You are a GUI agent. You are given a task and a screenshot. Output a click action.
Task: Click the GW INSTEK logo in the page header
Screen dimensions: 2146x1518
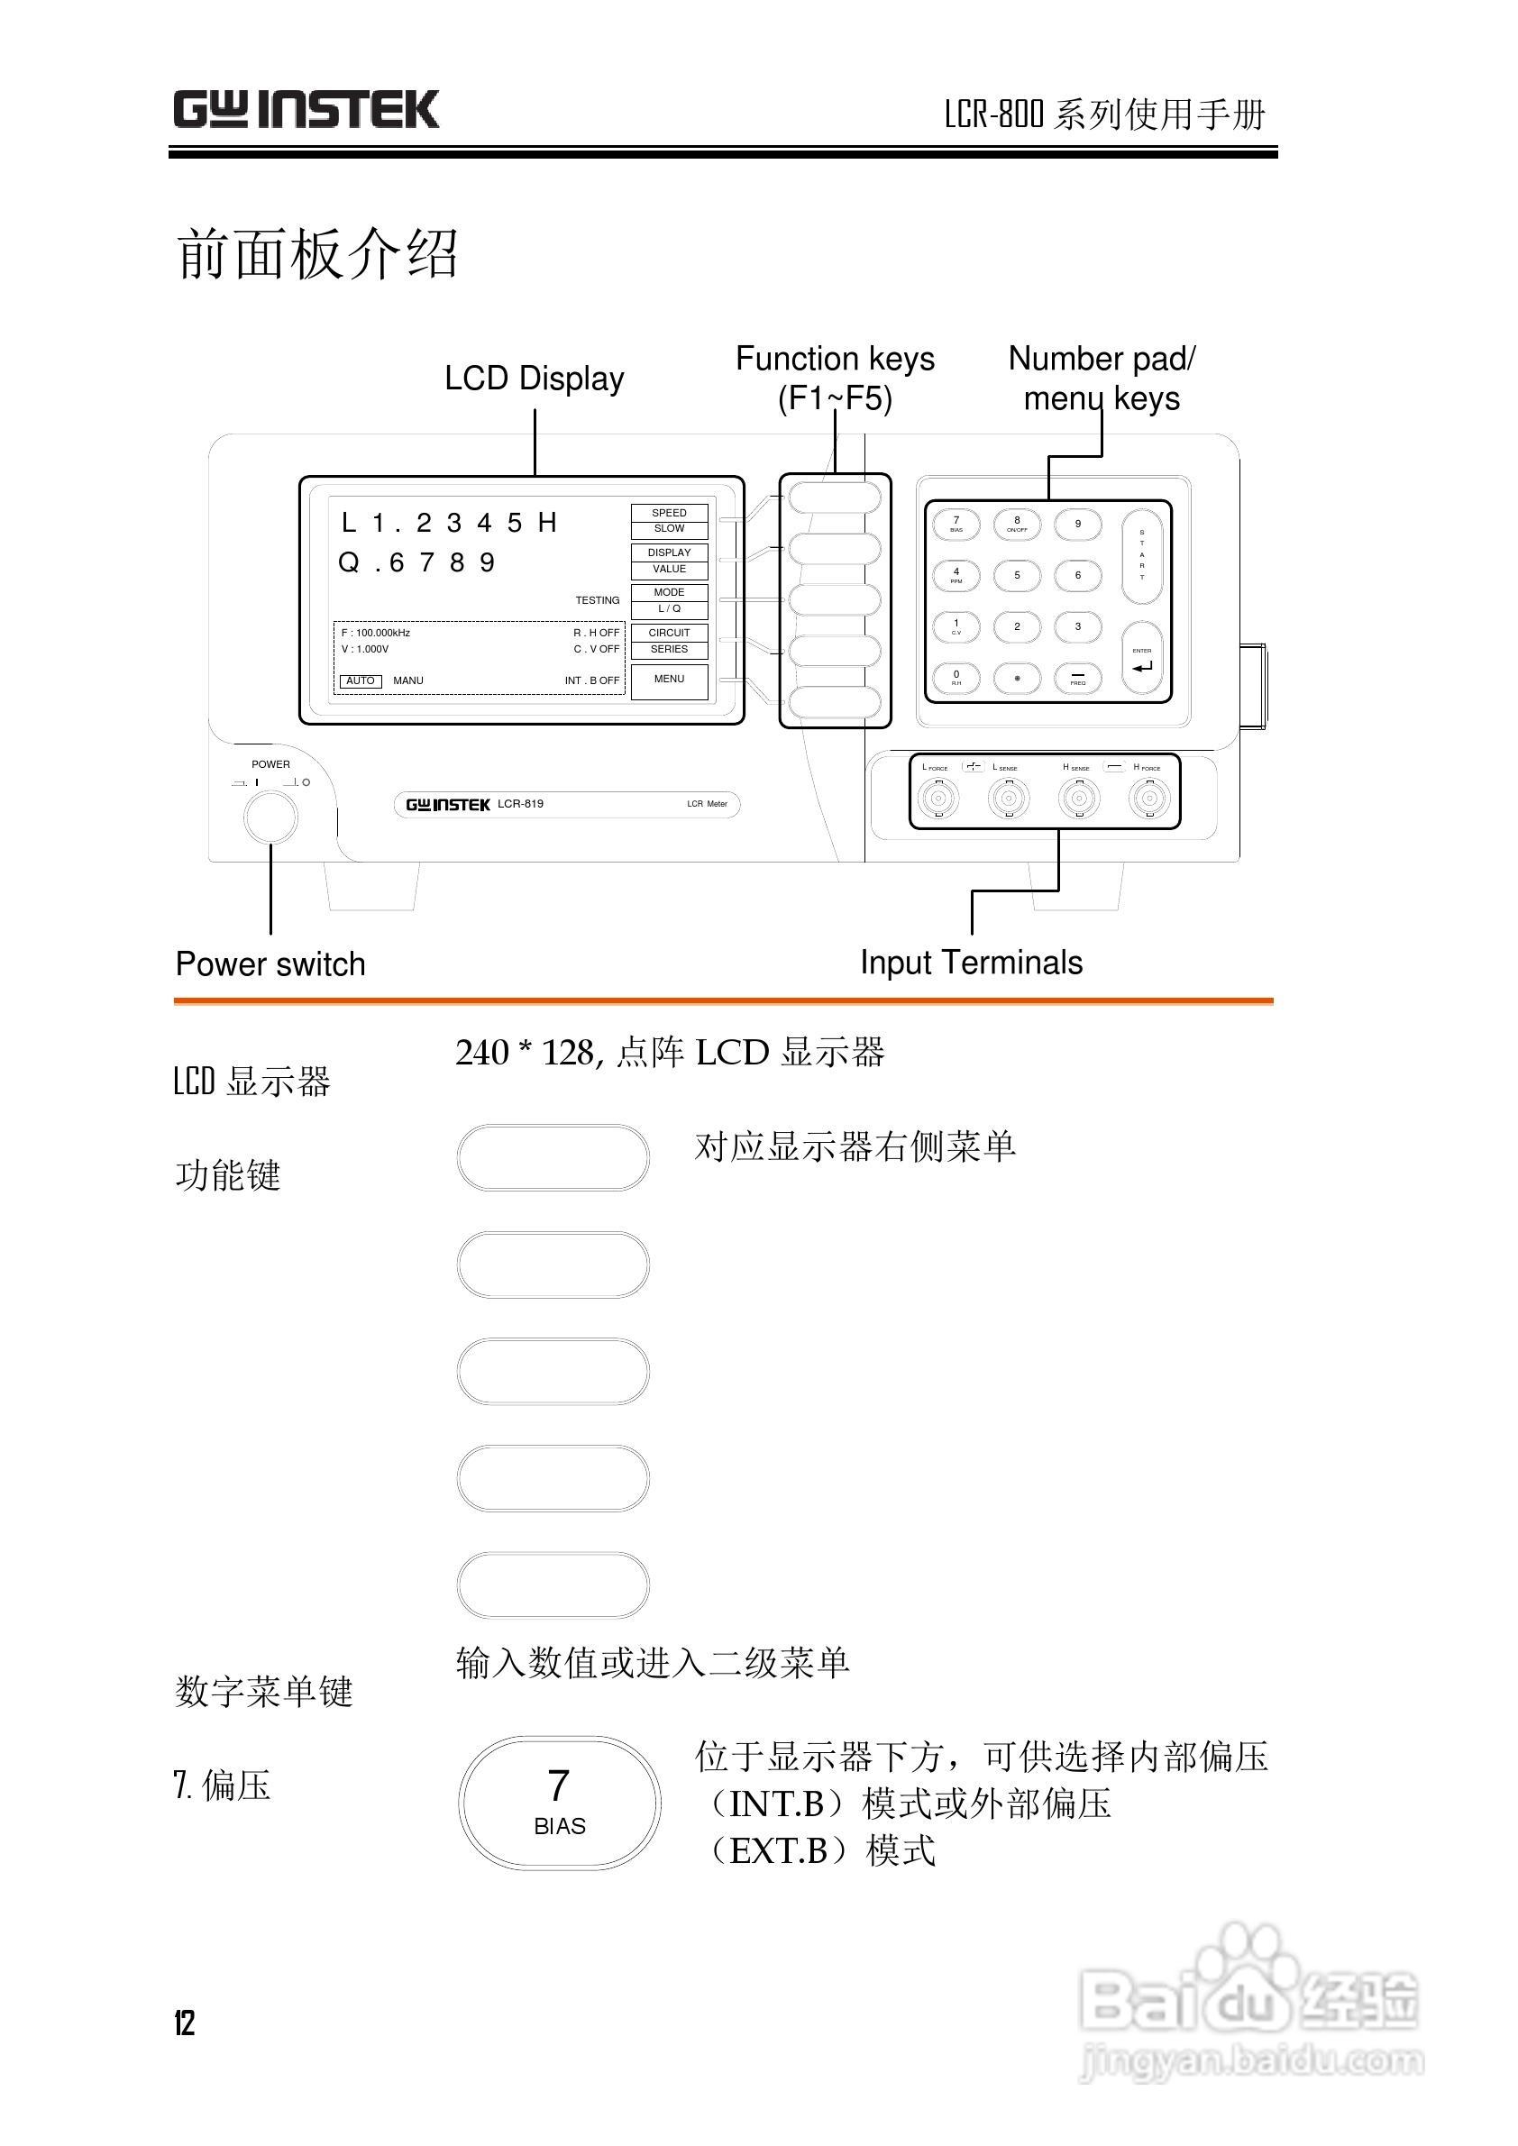click(306, 110)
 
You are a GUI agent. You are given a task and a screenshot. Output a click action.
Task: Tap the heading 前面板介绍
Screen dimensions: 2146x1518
click(317, 253)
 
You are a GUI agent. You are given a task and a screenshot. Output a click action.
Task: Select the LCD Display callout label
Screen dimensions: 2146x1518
click(534, 379)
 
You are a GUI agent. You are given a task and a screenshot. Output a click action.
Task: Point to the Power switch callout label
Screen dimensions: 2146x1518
click(270, 964)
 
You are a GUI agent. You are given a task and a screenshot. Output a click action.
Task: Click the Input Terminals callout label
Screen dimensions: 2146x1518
click(971, 963)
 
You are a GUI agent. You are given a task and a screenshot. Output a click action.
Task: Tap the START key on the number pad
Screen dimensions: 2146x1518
click(1141, 555)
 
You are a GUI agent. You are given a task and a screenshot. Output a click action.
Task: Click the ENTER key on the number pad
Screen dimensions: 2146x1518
click(1141, 660)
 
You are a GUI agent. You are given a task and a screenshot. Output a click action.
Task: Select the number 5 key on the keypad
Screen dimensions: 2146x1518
click(1017, 576)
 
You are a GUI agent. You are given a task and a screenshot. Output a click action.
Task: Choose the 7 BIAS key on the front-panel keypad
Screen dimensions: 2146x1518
click(956, 525)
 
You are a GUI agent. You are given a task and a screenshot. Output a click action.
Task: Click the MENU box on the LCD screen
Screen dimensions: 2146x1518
click(669, 680)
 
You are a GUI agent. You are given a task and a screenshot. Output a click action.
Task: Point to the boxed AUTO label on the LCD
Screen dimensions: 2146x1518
click(360, 681)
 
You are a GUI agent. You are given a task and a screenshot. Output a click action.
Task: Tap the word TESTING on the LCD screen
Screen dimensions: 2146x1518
click(598, 601)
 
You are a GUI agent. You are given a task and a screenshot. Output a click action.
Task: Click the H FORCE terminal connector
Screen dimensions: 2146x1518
click(1148, 799)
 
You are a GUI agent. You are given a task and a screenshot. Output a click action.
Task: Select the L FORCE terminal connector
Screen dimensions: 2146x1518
click(937, 799)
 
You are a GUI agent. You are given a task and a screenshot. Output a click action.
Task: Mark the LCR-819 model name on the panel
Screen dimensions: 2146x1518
click(521, 804)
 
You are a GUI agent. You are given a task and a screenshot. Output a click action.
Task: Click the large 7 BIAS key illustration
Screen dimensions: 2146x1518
click(559, 1803)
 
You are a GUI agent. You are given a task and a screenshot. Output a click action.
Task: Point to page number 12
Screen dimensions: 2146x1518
click(184, 2023)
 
